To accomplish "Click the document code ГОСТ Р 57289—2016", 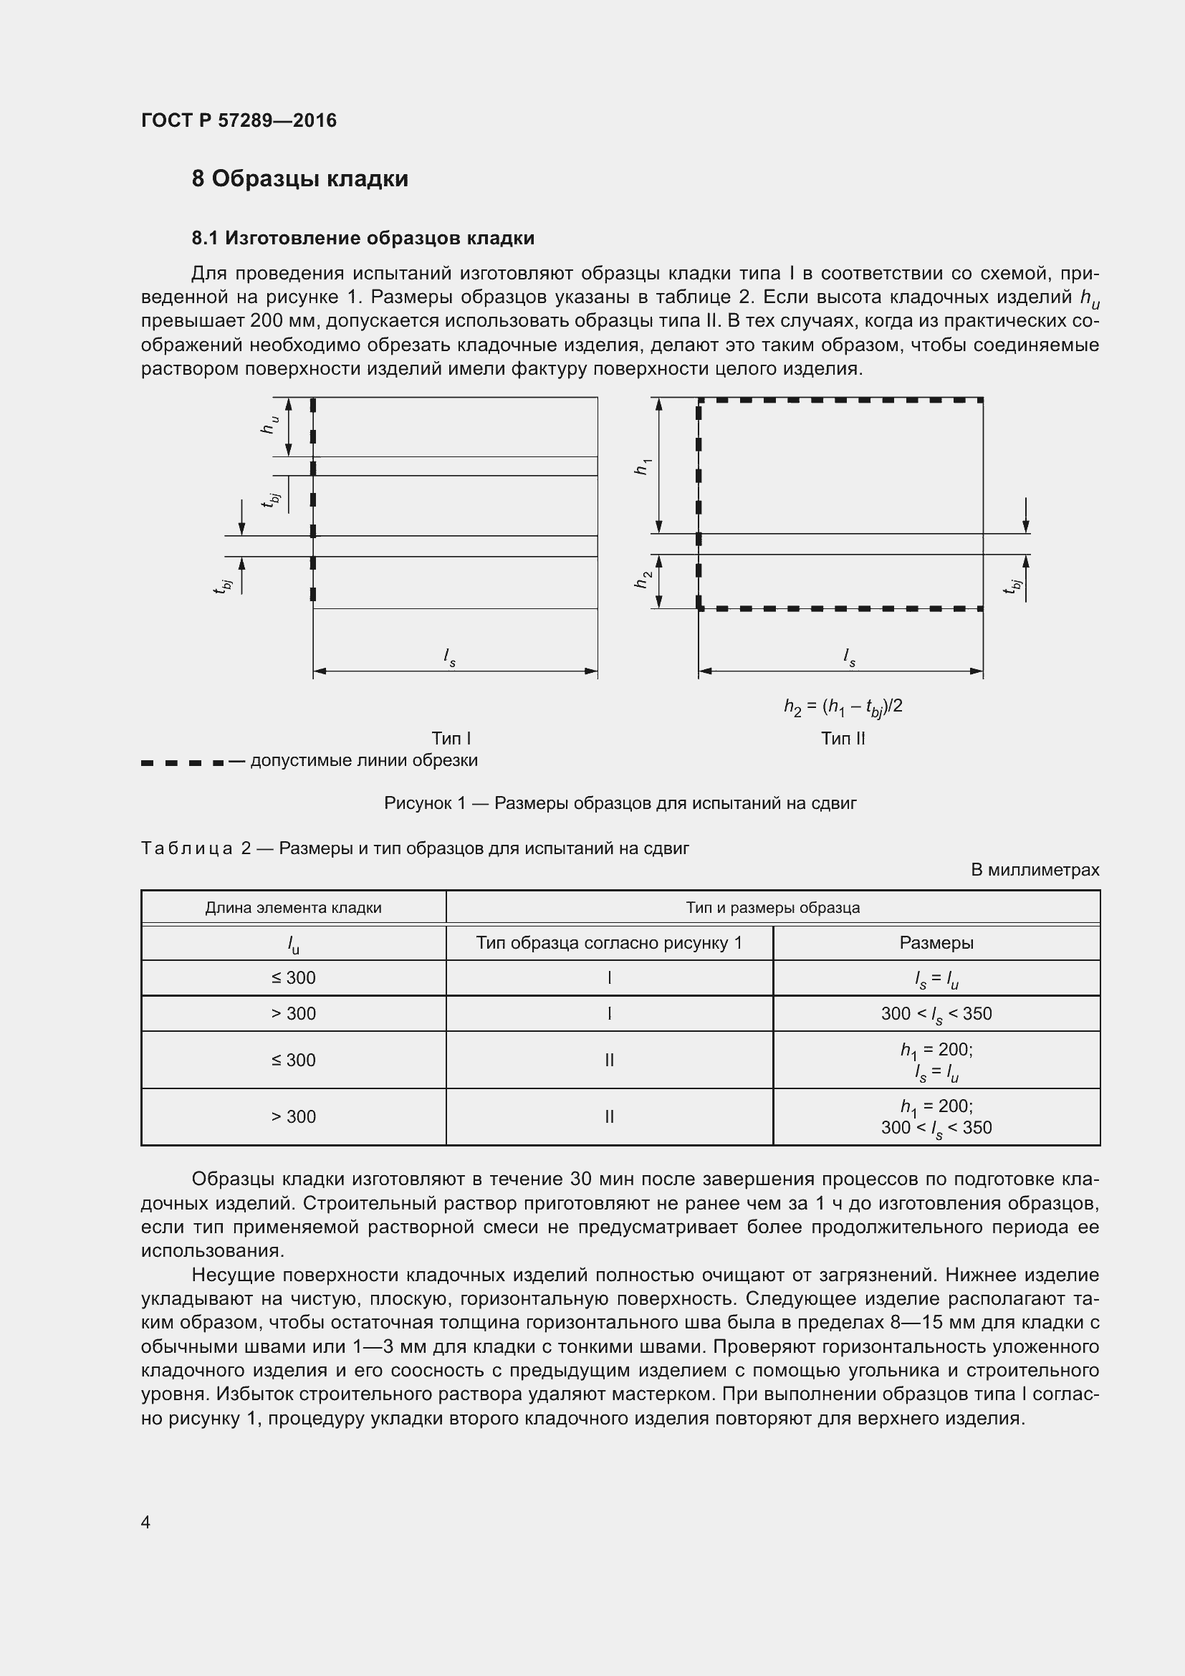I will tap(239, 120).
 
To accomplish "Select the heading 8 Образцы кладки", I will tap(300, 179).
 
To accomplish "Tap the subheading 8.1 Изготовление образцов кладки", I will tap(363, 238).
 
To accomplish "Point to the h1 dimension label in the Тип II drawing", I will tap(642, 466).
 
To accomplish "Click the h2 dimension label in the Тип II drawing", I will tap(642, 580).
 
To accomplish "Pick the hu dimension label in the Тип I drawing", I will tap(269, 425).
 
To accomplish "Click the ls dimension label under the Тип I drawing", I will tap(449, 658).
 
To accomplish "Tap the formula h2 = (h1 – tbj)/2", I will tap(843, 707).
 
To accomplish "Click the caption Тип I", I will tap(451, 738).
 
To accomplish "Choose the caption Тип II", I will tap(843, 738).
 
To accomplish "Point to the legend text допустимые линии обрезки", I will tap(363, 761).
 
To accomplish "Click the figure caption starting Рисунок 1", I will tap(620, 803).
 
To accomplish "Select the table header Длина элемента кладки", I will tap(293, 907).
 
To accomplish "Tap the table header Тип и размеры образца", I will tap(773, 907).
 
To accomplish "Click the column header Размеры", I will tap(936, 942).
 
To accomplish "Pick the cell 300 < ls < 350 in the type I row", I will tap(936, 1014).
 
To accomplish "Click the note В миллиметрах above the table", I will tap(1035, 870).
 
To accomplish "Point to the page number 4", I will tap(146, 1522).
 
